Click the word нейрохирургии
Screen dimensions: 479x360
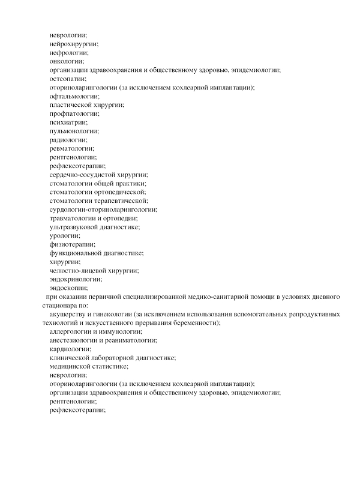click(74, 44)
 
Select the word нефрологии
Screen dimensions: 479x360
click(69, 53)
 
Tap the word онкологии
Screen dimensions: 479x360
click(67, 61)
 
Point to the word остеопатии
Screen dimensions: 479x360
click(68, 79)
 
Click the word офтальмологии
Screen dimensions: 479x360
click(74, 96)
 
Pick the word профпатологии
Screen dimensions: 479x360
click(74, 113)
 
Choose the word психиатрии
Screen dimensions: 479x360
click(68, 122)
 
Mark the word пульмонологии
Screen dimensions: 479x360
click(74, 131)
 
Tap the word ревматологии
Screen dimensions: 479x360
click(72, 148)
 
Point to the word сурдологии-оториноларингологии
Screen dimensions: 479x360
click(103, 209)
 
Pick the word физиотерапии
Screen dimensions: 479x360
click(72, 244)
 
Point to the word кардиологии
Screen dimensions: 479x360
click(70, 349)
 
